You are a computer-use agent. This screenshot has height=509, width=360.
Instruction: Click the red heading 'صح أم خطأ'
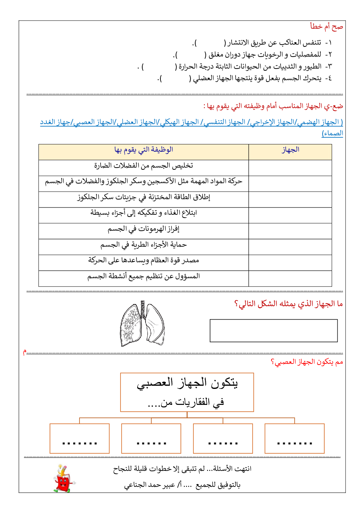326,26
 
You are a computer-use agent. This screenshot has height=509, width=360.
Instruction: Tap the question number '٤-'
328,78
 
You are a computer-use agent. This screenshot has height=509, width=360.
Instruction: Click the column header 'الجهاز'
290,150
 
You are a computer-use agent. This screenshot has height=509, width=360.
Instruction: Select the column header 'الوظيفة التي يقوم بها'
144,150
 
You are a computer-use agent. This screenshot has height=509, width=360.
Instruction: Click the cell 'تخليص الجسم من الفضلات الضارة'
144,166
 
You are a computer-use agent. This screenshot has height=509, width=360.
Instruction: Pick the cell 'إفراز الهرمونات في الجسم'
144,229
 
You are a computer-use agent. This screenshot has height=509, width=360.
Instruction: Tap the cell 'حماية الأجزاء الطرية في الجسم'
144,245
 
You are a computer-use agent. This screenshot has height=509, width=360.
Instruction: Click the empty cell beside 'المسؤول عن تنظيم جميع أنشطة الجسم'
290,278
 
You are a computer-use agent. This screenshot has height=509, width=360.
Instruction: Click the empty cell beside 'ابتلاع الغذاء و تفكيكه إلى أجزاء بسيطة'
290,215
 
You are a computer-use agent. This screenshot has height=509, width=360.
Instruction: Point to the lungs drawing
142,323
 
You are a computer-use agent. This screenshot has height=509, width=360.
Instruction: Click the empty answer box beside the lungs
274,331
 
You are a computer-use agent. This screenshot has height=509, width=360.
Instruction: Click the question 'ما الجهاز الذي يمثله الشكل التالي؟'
289,304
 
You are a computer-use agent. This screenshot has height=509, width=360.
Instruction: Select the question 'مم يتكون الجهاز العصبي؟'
307,362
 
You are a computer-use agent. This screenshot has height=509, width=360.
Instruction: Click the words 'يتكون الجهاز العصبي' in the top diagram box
187,383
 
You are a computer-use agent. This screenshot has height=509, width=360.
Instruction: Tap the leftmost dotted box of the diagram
79,438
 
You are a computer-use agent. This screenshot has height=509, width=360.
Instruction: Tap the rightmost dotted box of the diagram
294,438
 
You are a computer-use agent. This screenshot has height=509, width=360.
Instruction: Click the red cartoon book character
63,479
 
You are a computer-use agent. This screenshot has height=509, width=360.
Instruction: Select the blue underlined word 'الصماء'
332,134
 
